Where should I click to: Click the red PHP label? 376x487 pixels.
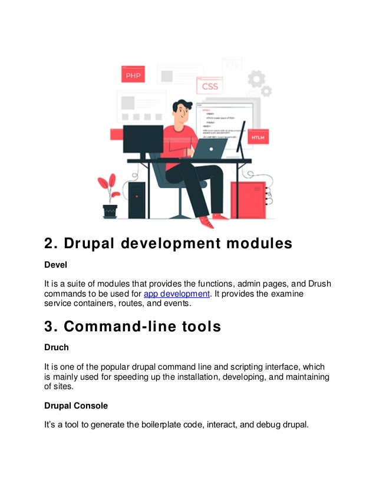point(133,74)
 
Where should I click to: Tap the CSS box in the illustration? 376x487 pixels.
point(210,86)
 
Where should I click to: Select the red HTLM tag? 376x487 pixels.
point(258,137)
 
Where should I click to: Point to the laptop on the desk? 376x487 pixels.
point(210,149)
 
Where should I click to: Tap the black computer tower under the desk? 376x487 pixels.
point(137,199)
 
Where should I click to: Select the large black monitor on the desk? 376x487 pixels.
point(143,140)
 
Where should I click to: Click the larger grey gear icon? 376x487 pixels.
point(256,78)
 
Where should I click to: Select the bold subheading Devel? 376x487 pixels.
point(56,266)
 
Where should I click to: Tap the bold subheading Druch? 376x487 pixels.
point(57,347)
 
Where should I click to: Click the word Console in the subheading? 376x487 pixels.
point(93,406)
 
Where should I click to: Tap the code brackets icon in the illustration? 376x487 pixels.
point(232,65)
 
